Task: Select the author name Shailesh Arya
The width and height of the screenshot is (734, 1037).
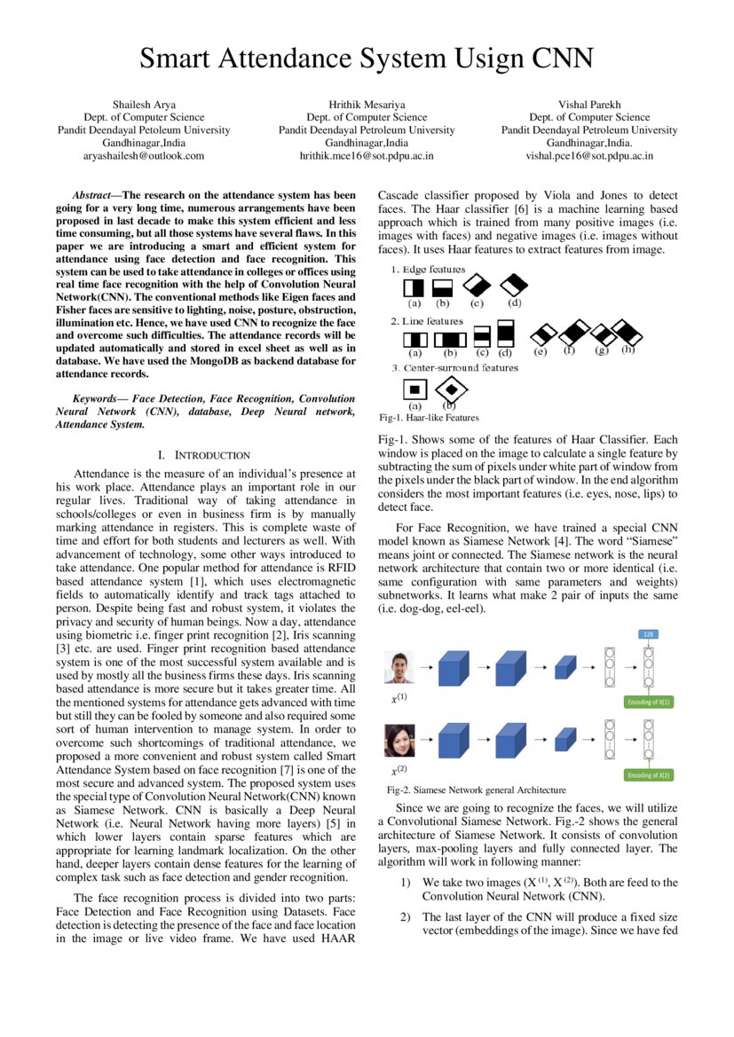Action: point(144,105)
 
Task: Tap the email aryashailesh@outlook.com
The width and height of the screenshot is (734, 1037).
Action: point(144,155)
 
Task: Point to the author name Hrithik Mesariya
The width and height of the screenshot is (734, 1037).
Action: point(367,105)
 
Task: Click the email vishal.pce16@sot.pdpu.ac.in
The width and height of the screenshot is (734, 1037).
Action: point(589,155)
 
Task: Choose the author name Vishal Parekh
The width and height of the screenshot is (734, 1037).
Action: point(589,105)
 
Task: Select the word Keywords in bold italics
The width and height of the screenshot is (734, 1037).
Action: point(98,399)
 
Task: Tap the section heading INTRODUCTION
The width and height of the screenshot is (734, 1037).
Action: point(212,455)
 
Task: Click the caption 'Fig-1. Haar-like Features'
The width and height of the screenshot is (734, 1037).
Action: point(429,417)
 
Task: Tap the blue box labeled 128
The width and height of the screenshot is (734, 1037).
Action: point(649,635)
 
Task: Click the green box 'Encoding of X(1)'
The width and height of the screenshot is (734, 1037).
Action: point(650,702)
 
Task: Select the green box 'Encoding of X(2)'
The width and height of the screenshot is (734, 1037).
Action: point(650,774)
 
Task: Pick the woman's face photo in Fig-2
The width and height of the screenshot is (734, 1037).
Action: point(399,740)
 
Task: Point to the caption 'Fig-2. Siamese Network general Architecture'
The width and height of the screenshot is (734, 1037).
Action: point(477,790)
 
